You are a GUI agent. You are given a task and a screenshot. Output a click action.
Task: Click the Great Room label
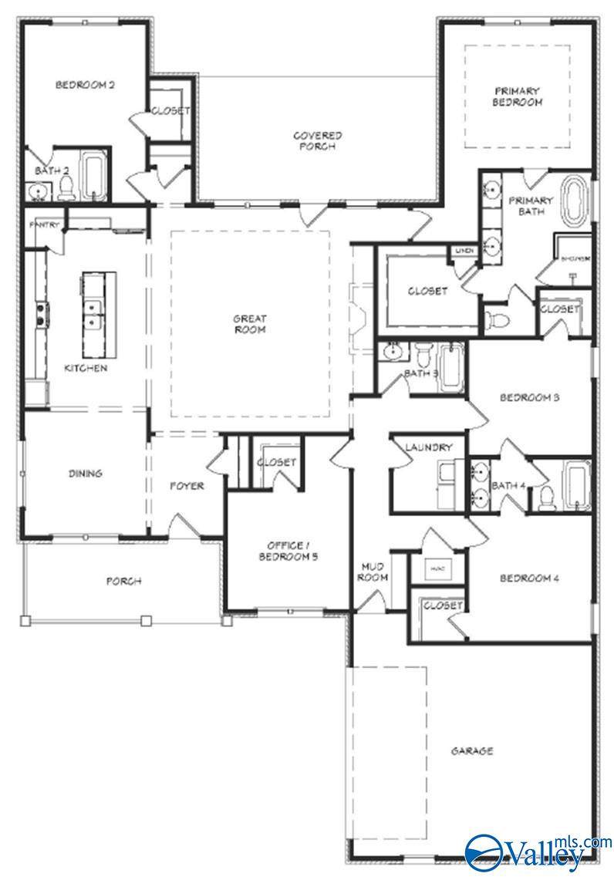tap(250, 324)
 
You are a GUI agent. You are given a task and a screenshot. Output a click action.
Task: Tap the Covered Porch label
tap(317, 141)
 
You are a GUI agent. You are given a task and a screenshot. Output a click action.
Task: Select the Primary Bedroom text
tap(518, 96)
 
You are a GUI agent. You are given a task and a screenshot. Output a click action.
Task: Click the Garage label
tap(471, 750)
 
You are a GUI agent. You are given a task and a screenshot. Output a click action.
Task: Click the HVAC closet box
tap(437, 569)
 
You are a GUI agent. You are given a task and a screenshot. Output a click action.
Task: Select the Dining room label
tap(85, 474)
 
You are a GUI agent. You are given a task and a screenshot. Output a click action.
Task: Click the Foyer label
tap(187, 486)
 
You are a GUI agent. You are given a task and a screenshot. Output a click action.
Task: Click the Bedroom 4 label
tap(528, 578)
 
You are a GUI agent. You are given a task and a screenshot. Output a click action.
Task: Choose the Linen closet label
tap(463, 251)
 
